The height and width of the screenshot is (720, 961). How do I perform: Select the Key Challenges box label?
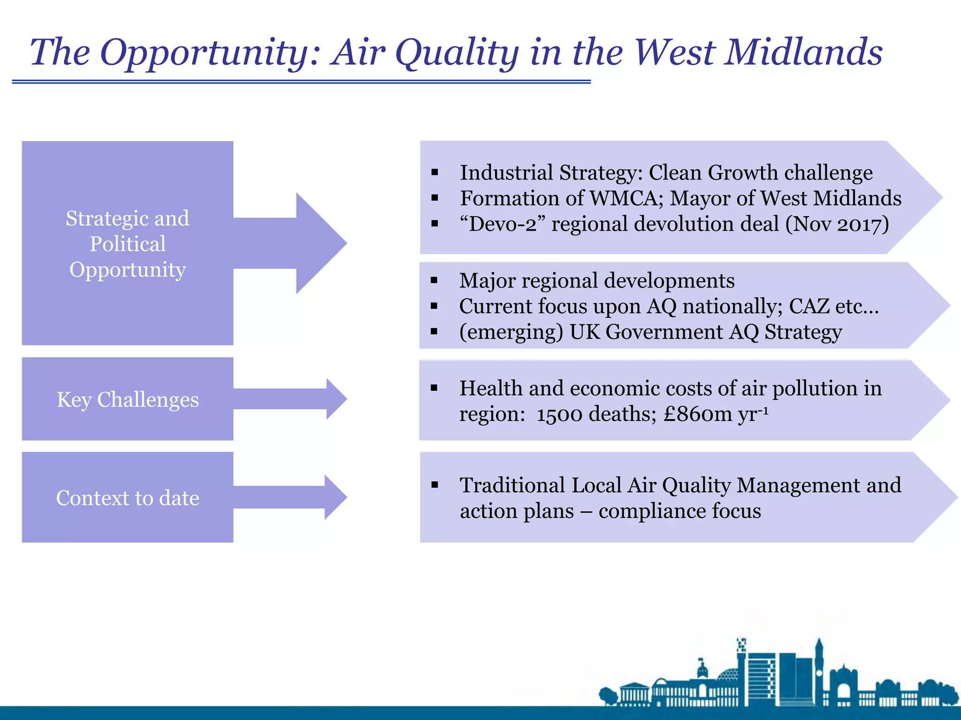tap(128, 399)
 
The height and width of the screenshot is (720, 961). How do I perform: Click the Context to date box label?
tap(128, 498)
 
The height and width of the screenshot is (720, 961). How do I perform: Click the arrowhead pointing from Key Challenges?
tap(336, 399)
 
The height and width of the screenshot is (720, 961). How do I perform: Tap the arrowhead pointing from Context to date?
tap(335, 497)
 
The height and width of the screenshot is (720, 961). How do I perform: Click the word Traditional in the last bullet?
tap(512, 485)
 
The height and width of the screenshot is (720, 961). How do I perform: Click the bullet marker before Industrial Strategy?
tap(435, 172)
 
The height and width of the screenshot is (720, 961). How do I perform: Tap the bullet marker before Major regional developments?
tap(434, 281)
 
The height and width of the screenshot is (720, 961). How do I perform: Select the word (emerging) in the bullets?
tap(511, 332)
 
